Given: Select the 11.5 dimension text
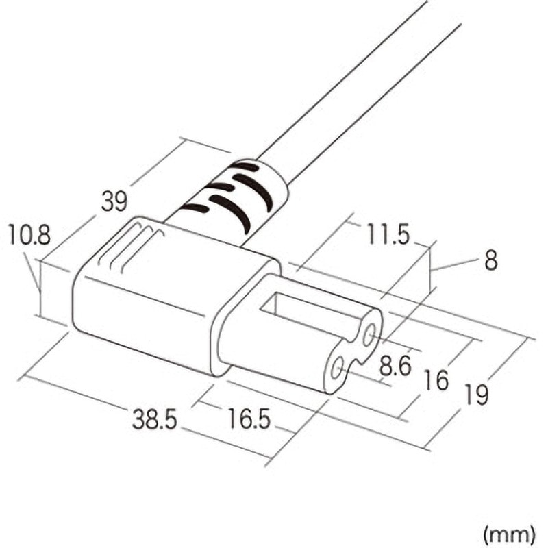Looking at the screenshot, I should [386, 236].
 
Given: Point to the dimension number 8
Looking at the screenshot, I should [491, 261].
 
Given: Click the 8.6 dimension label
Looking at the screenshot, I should [395, 366].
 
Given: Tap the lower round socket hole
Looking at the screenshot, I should [336, 370].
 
